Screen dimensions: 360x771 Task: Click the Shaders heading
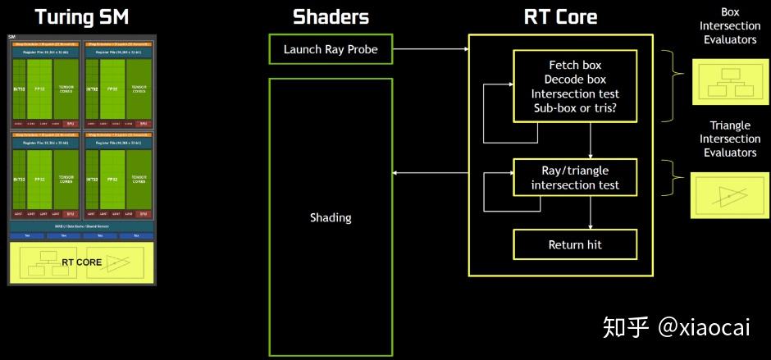(x=331, y=16)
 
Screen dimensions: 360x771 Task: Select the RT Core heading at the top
(x=560, y=16)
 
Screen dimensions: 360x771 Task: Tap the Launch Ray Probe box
(x=331, y=49)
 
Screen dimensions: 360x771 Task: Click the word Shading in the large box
(x=331, y=217)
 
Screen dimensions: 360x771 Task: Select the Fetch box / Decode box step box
(x=575, y=87)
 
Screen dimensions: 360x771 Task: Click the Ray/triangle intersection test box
(x=574, y=178)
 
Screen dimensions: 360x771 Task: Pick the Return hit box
(x=574, y=244)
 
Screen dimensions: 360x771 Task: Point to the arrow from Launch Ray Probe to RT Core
(x=430, y=49)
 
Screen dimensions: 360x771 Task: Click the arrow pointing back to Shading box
(x=430, y=173)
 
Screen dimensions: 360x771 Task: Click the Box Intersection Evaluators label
(x=729, y=26)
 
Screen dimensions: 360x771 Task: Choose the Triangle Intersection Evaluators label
(x=729, y=139)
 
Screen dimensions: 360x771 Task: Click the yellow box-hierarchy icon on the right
(x=729, y=81)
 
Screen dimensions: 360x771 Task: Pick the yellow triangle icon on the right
(x=729, y=195)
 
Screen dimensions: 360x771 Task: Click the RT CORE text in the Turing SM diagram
(x=82, y=262)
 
